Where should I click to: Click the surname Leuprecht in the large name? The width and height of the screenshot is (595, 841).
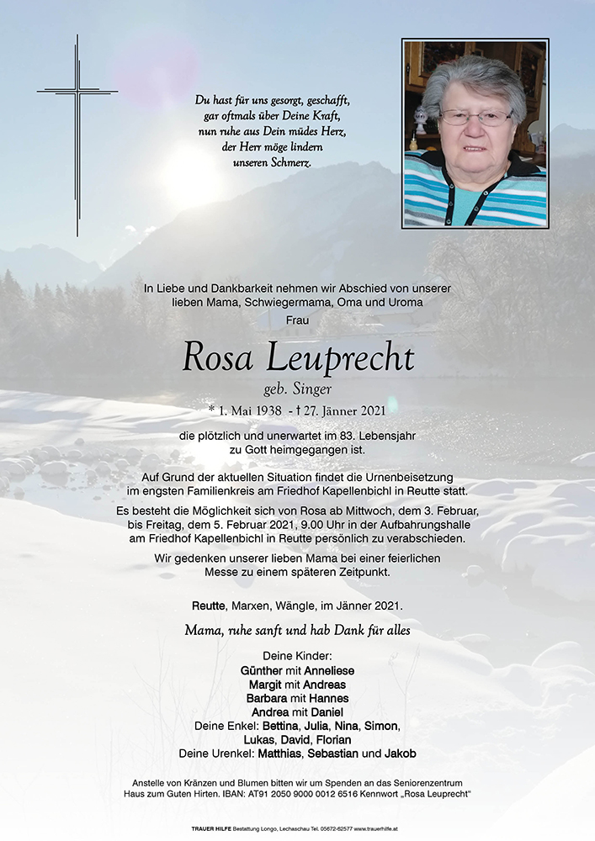(340, 359)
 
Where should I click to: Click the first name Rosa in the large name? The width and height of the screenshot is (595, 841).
(217, 359)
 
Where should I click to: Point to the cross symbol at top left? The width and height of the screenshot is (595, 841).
(77, 134)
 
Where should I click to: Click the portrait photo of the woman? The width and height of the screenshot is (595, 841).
(475, 134)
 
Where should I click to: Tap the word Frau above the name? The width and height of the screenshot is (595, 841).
(298, 320)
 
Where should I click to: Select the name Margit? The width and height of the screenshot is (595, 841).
(265, 685)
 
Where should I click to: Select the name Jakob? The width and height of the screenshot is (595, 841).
(399, 754)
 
